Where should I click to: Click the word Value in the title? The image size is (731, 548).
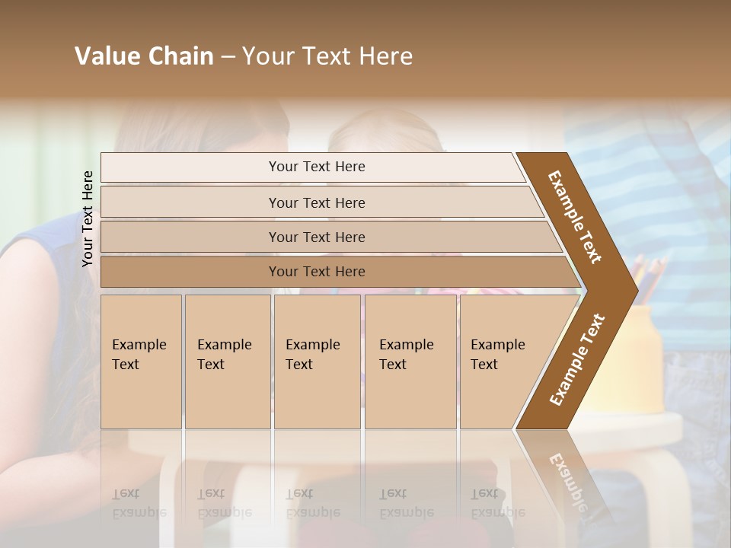point(105,56)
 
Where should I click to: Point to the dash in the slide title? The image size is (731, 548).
point(228,57)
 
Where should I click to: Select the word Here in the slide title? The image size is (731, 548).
point(385,56)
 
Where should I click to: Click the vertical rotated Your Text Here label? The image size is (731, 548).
point(88,218)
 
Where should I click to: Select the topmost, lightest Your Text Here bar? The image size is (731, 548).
point(316,167)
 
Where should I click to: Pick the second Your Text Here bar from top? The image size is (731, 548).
point(316,202)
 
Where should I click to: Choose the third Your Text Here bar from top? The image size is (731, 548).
point(316,237)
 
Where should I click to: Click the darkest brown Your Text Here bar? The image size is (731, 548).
point(316,272)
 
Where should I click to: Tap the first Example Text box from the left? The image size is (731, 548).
point(141,361)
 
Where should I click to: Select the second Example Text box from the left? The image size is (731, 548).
point(227,361)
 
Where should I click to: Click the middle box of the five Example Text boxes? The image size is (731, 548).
point(316,361)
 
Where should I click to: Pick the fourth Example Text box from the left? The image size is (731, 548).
point(410,361)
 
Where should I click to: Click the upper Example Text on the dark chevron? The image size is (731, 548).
point(575,217)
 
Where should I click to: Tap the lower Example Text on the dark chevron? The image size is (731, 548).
point(576,359)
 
